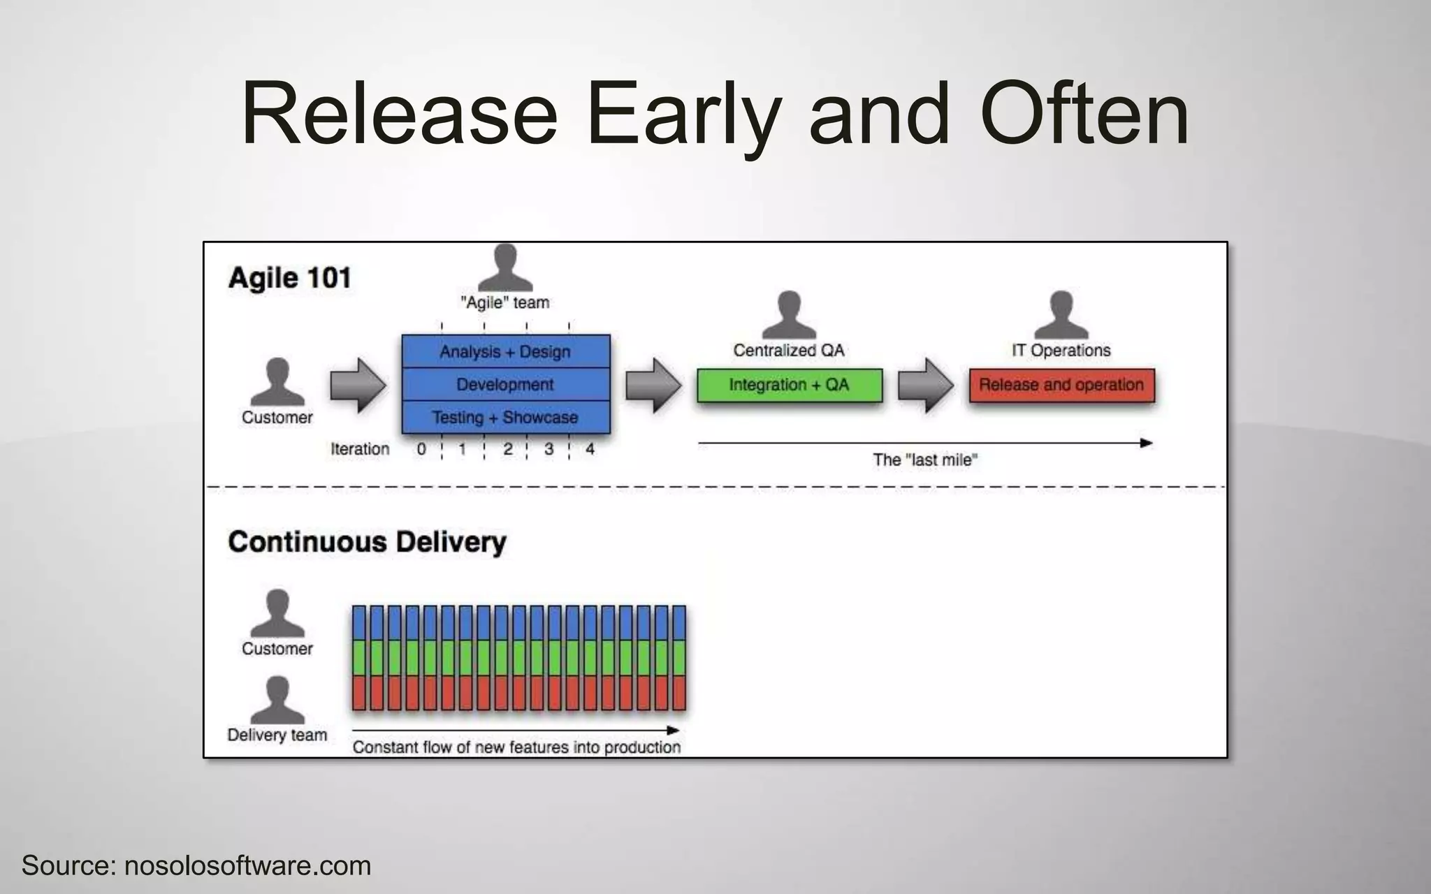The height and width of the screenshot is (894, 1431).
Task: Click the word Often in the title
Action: [1084, 114]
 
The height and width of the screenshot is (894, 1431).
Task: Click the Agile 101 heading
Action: [289, 278]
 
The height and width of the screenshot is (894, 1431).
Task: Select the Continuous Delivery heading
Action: [367, 542]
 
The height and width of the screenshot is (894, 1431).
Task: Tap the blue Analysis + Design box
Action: [505, 351]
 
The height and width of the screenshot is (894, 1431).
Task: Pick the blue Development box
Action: [505, 384]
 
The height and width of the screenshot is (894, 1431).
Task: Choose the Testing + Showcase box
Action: [505, 418]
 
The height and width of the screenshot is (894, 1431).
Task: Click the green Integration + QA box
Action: [789, 385]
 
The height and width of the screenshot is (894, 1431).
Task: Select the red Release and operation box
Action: [1061, 385]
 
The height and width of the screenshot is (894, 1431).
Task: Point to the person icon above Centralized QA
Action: [789, 315]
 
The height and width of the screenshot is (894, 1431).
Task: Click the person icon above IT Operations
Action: [1061, 315]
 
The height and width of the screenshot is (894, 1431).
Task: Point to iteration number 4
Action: [590, 449]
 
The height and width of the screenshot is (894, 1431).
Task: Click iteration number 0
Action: [421, 449]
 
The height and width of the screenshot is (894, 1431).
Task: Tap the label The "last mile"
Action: [924, 460]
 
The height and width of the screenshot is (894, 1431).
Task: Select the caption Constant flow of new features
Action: [516, 747]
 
